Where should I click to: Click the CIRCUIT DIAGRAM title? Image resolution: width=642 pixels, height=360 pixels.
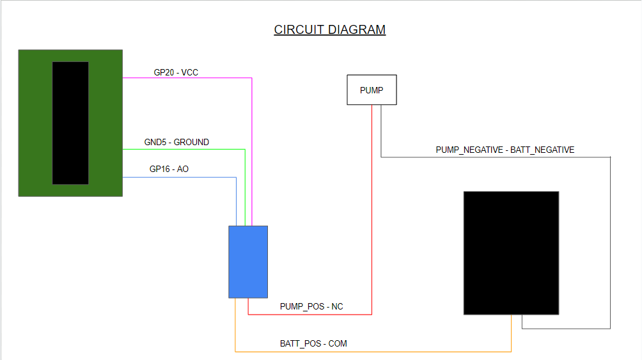click(x=329, y=29)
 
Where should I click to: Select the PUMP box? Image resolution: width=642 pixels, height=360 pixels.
click(x=372, y=90)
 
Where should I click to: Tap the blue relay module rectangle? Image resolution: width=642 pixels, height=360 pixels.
click(x=248, y=262)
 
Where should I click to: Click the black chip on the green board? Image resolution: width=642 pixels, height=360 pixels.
click(x=70, y=123)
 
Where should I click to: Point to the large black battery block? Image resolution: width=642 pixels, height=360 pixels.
click(x=511, y=253)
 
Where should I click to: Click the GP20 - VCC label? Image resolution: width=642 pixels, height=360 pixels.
click(x=176, y=72)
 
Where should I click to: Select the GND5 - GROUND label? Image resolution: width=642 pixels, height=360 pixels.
click(x=176, y=142)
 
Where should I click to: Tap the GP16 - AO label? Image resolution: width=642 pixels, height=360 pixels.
click(x=169, y=169)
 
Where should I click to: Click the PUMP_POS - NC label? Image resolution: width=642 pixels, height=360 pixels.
click(x=311, y=306)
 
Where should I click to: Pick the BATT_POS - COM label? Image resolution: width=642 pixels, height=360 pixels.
click(x=313, y=343)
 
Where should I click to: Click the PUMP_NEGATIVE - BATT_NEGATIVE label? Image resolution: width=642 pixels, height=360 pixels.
click(x=505, y=150)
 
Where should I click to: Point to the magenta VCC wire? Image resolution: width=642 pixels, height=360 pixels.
click(x=252, y=153)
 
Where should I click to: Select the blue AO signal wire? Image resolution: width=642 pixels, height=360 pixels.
click(x=179, y=177)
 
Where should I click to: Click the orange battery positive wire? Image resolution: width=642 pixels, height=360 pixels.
click(x=371, y=351)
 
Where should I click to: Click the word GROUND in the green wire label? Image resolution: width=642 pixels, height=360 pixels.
click(x=191, y=142)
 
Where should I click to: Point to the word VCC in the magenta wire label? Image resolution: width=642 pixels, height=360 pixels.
click(x=190, y=72)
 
